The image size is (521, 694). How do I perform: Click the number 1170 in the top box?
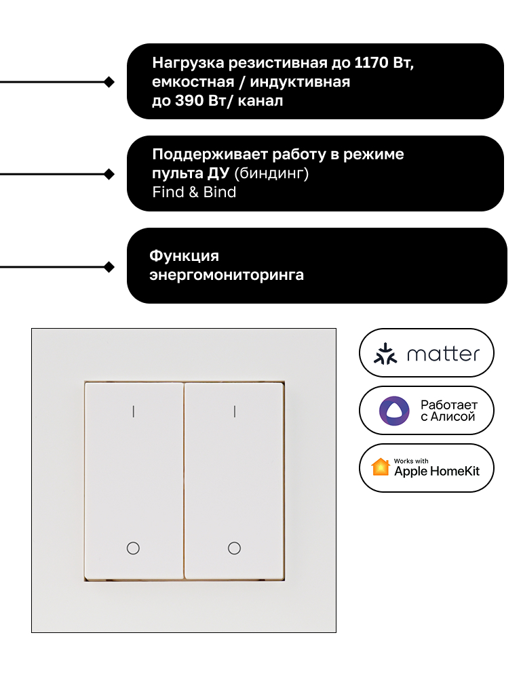371,63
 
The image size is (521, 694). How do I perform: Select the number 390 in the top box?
189,100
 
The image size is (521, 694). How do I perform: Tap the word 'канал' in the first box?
260,101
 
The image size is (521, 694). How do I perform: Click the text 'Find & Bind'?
194,192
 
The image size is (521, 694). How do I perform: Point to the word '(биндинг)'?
271,173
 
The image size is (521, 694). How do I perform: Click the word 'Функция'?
184,256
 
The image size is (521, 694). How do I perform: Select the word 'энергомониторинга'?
227,275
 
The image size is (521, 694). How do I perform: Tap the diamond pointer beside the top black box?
109,82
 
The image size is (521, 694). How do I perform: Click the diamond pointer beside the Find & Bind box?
109,174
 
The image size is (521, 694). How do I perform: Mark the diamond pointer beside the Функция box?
109,267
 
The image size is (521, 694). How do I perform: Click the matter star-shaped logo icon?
385,354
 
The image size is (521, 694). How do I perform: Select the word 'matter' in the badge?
443,354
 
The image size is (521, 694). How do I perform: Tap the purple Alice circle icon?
394,411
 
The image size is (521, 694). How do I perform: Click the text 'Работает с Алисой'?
449,411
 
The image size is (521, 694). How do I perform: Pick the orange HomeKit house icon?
381,468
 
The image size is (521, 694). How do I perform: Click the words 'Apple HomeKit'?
437,472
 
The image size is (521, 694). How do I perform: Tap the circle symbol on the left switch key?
134,548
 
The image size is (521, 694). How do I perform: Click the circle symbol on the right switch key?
234,548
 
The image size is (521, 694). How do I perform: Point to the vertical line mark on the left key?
134,411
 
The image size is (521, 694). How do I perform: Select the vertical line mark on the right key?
234,411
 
